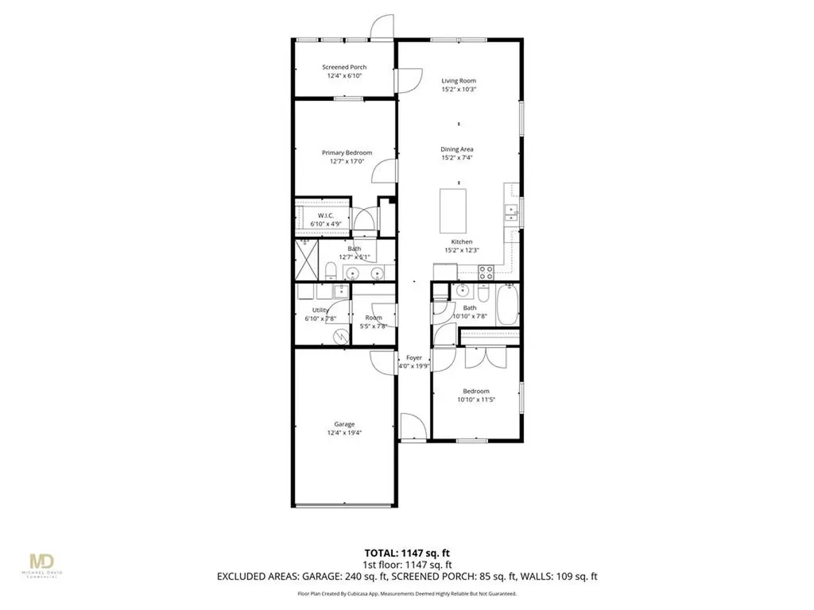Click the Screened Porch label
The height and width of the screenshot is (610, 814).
(344, 68)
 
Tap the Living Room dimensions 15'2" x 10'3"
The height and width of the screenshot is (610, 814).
(459, 90)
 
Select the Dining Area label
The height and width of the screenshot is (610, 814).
(459, 149)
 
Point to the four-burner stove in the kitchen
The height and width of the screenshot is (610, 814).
(486, 272)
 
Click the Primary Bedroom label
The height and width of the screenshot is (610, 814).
(347, 152)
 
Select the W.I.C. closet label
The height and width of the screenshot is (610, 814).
(325, 215)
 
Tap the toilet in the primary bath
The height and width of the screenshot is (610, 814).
(329, 272)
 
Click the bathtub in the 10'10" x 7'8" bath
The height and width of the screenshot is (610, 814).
(507, 306)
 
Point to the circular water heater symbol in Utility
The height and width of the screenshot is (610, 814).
(340, 337)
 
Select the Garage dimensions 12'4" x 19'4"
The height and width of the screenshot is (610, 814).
(344, 434)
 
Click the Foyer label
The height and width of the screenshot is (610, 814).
(414, 358)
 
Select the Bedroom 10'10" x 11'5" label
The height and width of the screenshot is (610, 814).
(477, 391)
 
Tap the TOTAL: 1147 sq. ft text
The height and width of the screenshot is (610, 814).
(406, 552)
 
